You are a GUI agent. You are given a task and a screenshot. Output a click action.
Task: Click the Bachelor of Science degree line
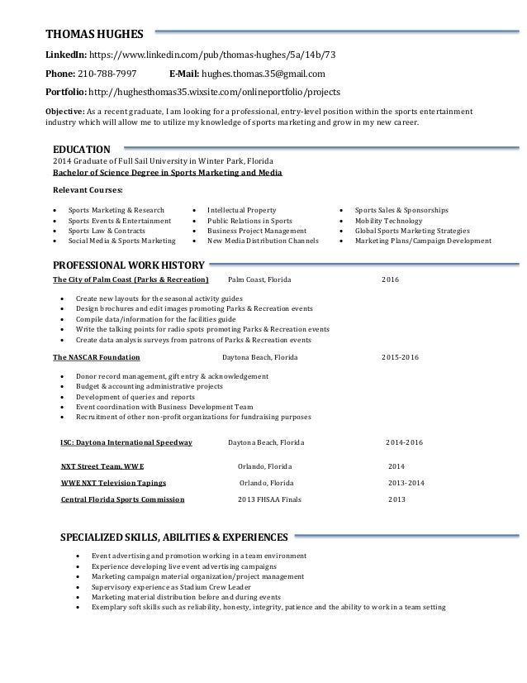coord(167,173)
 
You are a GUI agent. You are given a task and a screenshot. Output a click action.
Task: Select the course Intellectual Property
coord(241,210)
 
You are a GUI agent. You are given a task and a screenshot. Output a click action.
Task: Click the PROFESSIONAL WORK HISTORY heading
coord(128,265)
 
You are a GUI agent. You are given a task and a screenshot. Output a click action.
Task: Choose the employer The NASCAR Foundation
coord(97,358)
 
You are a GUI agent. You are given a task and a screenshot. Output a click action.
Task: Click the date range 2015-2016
coord(400,358)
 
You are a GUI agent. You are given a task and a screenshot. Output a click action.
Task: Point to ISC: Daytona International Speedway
coord(126,442)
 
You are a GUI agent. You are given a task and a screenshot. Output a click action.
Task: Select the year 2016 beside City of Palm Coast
coord(389,280)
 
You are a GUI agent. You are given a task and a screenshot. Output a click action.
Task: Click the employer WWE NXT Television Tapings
coord(113,482)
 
